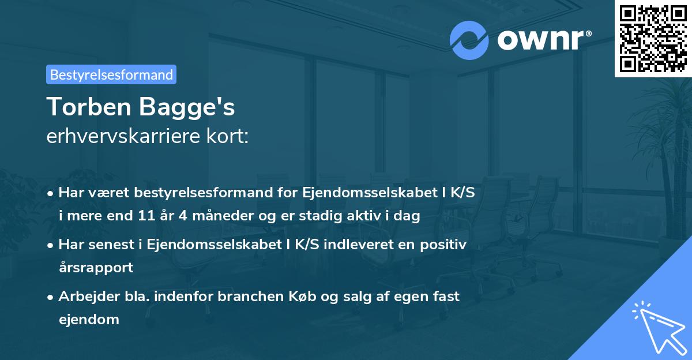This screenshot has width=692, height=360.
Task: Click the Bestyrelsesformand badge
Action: point(111,74)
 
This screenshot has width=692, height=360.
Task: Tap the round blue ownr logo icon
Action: point(469,40)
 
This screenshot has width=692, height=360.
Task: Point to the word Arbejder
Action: point(84,296)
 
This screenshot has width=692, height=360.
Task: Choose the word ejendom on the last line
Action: point(89,318)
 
